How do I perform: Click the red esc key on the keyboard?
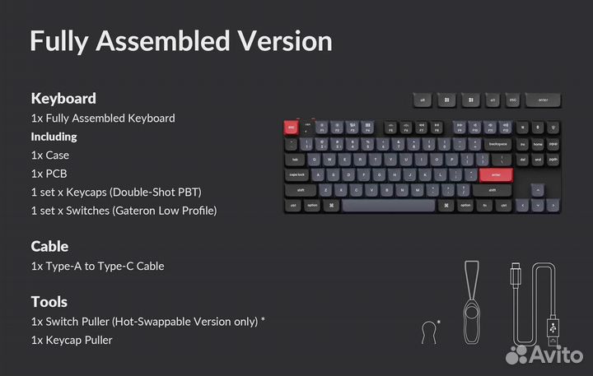(291, 128)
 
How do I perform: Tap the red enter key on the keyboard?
(496, 174)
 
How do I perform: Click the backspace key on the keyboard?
(497, 144)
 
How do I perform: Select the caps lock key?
(298, 174)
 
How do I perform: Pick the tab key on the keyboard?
(295, 159)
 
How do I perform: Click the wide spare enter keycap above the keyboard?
(544, 100)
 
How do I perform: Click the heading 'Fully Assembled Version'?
(181, 41)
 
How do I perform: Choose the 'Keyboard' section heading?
(63, 98)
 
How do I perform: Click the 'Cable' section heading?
(49, 246)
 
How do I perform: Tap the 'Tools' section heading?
(49, 301)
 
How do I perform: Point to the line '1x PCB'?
(50, 174)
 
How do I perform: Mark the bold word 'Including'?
(54, 137)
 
